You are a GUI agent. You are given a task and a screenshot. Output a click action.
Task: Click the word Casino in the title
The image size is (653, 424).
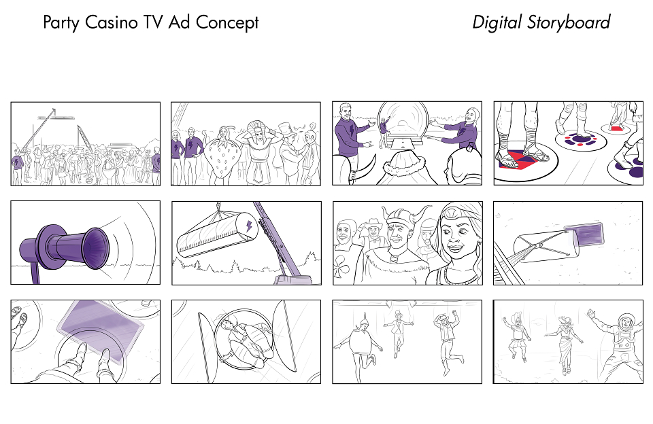point(110,22)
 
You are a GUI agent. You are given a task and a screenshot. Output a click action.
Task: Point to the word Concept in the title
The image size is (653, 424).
point(227,23)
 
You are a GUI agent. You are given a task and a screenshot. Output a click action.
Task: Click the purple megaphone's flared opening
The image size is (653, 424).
point(96,249)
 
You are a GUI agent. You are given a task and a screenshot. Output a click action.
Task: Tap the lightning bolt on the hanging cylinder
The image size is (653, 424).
point(249,226)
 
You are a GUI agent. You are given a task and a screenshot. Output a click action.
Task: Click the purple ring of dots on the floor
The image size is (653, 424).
point(577,140)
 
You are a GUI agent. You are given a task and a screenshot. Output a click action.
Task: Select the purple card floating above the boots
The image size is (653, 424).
point(101,330)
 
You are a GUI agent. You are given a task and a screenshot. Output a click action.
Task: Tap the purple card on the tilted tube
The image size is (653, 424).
point(587,234)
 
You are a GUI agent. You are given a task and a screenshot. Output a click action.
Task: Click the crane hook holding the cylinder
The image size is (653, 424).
point(218,207)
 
